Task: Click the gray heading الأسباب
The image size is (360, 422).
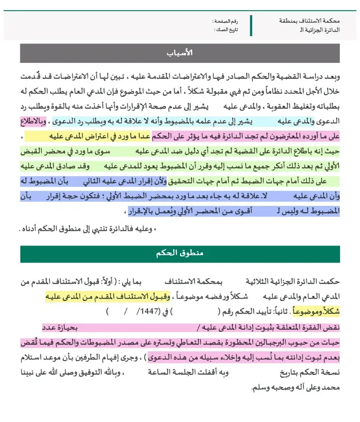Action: pos(180,53)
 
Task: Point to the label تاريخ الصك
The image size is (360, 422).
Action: pos(226,30)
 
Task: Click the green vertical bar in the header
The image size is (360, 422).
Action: pos(251,25)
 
